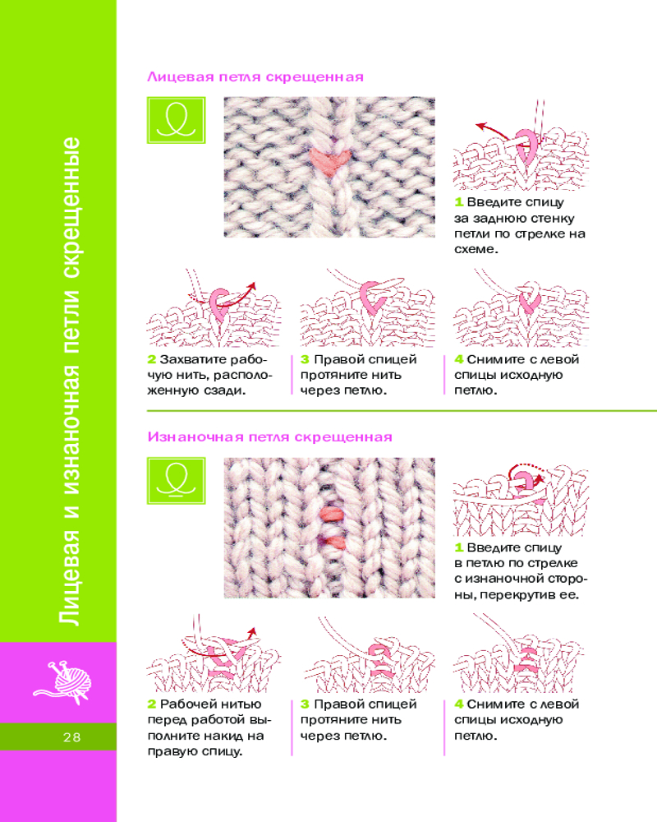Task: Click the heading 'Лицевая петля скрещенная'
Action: click(x=255, y=77)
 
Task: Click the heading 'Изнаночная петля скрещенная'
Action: click(x=269, y=436)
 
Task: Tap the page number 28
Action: click(x=72, y=737)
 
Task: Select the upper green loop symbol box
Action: click(x=176, y=120)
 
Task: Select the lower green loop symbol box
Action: click(x=176, y=480)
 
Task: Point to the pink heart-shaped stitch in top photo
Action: click(x=329, y=160)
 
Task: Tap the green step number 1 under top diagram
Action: click(x=458, y=202)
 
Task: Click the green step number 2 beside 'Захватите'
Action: click(x=151, y=360)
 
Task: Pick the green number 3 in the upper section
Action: click(x=305, y=360)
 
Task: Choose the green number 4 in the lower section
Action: click(x=459, y=704)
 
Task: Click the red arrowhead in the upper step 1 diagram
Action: click(x=480, y=127)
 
